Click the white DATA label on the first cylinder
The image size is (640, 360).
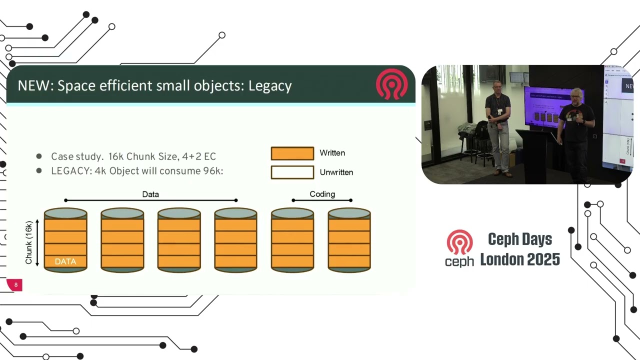click(x=65, y=261)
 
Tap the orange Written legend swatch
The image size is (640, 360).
click(x=292, y=153)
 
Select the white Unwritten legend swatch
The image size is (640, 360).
click(x=292, y=172)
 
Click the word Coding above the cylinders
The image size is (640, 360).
click(x=322, y=194)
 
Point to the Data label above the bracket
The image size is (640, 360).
click(x=150, y=194)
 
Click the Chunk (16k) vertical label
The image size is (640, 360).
click(x=29, y=242)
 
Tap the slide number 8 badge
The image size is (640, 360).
click(x=15, y=285)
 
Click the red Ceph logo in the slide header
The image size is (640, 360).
click(x=391, y=84)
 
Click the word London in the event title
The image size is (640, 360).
click(x=500, y=259)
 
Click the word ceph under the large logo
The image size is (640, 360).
click(x=459, y=261)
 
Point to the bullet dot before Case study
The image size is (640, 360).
click(x=39, y=156)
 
